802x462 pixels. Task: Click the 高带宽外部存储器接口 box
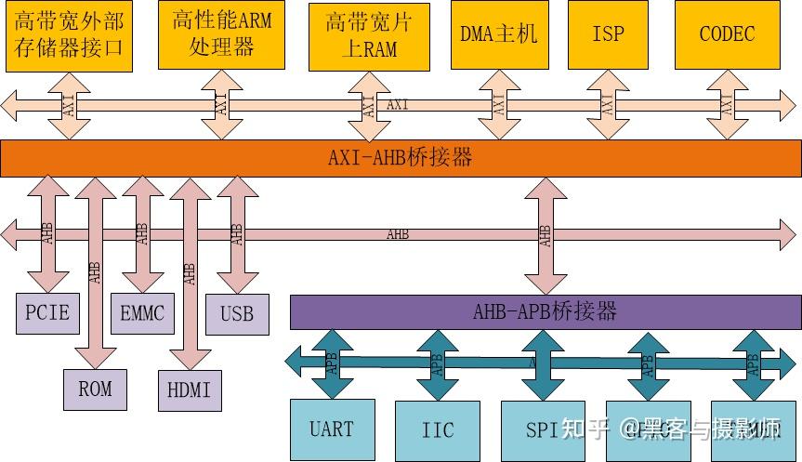click(x=69, y=35)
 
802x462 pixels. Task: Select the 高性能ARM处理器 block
click(x=220, y=34)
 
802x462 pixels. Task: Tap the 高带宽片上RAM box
click(x=368, y=35)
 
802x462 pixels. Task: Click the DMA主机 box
click(x=498, y=34)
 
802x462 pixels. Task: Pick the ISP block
click(x=608, y=34)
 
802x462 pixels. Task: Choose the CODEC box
click(x=727, y=34)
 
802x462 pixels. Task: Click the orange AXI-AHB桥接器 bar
click(x=401, y=158)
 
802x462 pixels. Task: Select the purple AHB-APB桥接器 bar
click(x=545, y=311)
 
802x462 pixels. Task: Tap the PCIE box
click(x=47, y=313)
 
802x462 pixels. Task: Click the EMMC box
click(x=142, y=313)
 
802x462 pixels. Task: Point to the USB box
click(x=237, y=314)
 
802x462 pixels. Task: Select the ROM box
click(x=95, y=389)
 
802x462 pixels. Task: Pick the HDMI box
click(x=190, y=389)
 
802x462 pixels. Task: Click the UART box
click(x=332, y=429)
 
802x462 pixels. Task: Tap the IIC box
click(x=438, y=429)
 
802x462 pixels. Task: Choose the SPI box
click(x=543, y=429)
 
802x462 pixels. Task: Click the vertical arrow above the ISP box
click(x=608, y=104)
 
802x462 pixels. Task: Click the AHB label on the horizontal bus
click(x=397, y=234)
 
